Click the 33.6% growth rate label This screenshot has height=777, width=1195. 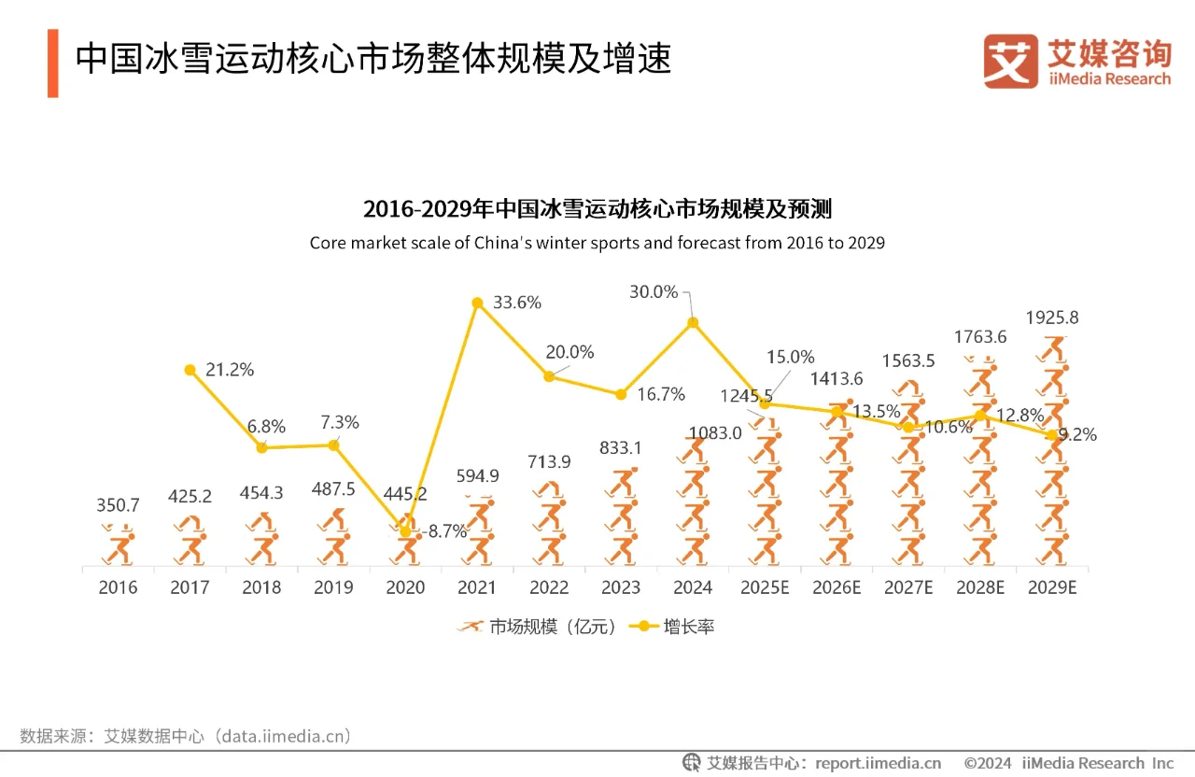coord(517,303)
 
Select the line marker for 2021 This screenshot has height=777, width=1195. coord(477,303)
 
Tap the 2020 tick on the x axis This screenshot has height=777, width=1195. coord(405,587)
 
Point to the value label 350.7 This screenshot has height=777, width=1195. coord(118,505)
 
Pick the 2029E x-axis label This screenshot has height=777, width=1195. coord(1052,587)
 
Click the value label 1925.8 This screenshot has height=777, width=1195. coord(1052,318)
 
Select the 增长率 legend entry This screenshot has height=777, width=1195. coord(672,627)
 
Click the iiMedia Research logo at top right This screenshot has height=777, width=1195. coord(1076,62)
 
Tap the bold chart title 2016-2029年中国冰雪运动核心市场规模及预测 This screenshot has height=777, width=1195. coord(597,208)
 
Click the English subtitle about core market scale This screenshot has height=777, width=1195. coord(597,243)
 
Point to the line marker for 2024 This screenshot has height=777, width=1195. coord(693,323)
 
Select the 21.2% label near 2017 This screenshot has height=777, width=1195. coord(230,370)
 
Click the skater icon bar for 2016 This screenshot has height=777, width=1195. coord(118,544)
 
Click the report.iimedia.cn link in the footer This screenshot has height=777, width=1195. coord(878,763)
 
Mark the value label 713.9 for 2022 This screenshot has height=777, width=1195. coord(549,462)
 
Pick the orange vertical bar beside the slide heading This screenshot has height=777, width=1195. coord(53,63)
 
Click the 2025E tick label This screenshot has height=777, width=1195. coord(765,587)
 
